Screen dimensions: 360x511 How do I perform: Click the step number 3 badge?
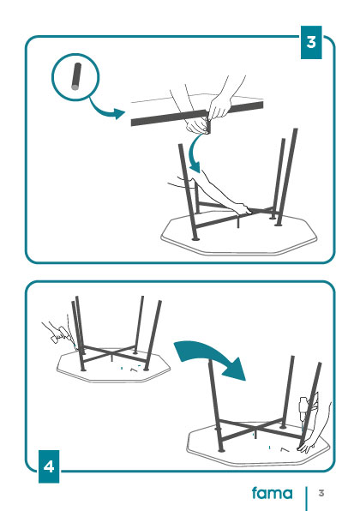point(311,42)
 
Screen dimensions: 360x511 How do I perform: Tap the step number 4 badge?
point(49,466)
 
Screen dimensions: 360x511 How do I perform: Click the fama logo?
point(272,493)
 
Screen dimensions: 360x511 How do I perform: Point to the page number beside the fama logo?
point(321,493)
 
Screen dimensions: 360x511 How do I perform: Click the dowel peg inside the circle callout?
point(76,76)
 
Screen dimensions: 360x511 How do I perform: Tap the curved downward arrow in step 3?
point(195,153)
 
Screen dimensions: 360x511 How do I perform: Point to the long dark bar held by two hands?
point(197,114)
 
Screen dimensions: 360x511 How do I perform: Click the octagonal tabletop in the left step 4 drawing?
point(113,365)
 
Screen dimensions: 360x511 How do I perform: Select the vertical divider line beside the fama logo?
point(306,499)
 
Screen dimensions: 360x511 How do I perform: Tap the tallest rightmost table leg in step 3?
point(287,177)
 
